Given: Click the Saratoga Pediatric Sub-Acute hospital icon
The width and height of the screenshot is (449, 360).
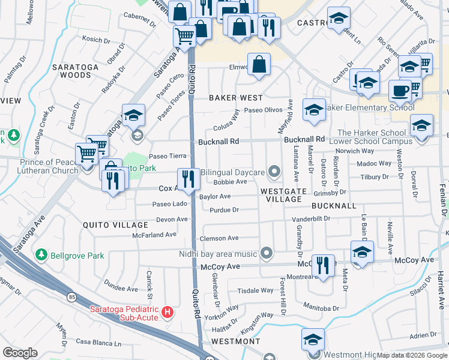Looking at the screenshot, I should [x=168, y=313].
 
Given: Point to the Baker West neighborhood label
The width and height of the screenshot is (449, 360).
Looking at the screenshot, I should [x=236, y=97].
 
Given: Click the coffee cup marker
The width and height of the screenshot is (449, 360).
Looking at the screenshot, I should [x=399, y=91].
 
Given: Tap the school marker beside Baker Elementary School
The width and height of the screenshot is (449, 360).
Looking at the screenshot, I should [x=313, y=109].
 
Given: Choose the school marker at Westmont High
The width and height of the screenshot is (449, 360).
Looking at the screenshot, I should [x=313, y=340].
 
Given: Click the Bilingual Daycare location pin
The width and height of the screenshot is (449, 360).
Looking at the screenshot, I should [x=274, y=173].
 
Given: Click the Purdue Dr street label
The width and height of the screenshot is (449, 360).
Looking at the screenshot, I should [x=224, y=210].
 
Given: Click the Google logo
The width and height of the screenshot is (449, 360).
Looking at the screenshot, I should [x=20, y=353].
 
